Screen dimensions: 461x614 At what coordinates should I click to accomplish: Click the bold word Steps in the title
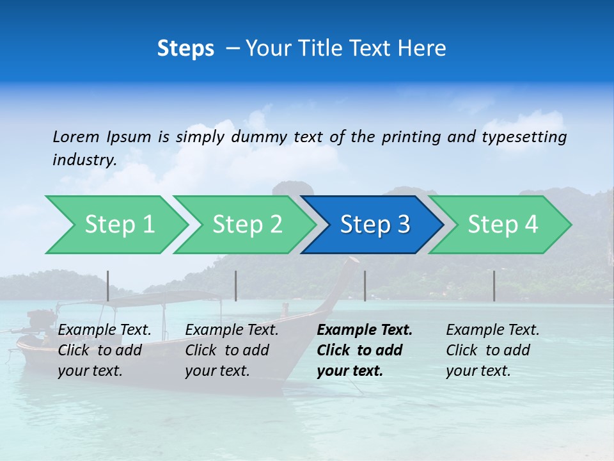185,49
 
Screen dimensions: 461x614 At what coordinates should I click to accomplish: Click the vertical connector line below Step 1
108,286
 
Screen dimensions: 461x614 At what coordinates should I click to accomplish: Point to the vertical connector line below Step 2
236,286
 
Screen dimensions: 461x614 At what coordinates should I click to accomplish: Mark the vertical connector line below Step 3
365,286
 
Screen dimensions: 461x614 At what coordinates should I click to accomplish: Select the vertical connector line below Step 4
494,286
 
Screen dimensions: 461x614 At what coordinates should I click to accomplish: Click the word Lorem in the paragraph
76,137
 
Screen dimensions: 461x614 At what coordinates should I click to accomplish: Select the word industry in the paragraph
84,159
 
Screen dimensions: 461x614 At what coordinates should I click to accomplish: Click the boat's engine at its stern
40,321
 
